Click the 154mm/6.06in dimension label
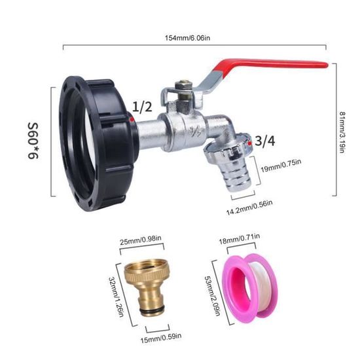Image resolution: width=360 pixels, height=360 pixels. coord(187,38)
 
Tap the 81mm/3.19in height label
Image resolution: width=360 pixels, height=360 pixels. coord(342,132)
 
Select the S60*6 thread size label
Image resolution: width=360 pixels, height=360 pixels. coord(33,141)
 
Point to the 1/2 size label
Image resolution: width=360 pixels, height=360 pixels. coord(142,107)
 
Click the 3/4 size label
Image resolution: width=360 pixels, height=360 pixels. coord(265,141)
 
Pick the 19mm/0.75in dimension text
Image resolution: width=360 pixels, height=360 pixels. coord(281,166)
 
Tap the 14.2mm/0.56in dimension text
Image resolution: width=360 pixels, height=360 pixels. coord(249,207)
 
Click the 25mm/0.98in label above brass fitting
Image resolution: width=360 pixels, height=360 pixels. coord(141,240)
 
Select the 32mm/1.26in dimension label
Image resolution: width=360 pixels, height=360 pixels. coord(116,297)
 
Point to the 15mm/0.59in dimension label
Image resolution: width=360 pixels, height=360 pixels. coord(161,338)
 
